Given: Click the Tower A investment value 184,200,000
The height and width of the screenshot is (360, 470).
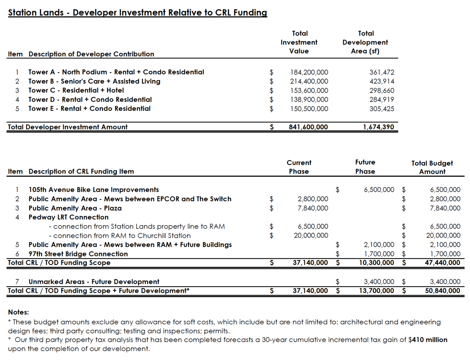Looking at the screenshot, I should (x=309, y=72).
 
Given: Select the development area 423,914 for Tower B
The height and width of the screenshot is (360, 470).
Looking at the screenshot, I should (x=382, y=82).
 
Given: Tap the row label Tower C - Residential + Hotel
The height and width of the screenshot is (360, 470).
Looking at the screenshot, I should (x=76, y=90).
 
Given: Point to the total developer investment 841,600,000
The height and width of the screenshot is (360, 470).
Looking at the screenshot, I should (x=308, y=127).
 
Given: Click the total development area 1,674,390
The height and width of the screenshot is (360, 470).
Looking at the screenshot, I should (x=378, y=127).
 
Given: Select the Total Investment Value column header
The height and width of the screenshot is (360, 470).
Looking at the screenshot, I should (x=299, y=42).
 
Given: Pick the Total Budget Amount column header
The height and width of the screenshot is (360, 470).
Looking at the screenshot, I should (x=432, y=167).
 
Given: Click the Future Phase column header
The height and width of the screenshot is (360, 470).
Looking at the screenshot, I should (x=365, y=167).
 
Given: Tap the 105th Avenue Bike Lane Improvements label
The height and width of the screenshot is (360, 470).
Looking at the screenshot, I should (x=94, y=190).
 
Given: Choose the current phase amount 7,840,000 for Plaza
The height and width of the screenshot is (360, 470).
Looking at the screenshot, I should (x=312, y=208).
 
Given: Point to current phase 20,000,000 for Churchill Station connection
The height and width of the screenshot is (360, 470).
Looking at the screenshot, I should (x=311, y=235).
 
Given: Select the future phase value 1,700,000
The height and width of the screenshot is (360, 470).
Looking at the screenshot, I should (x=379, y=254).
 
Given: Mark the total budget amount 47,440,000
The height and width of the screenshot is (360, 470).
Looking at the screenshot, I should (x=442, y=263).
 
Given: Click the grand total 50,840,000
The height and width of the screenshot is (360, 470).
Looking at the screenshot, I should (x=442, y=291).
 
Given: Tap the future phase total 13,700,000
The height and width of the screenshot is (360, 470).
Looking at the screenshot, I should (x=376, y=291).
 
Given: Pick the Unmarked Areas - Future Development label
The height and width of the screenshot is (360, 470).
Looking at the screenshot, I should (x=94, y=282).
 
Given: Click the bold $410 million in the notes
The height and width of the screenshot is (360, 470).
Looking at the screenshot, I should (x=428, y=340).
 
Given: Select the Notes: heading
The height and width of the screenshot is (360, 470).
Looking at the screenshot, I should (x=18, y=312).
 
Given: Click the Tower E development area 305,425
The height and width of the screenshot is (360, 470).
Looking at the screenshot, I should (x=382, y=109).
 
